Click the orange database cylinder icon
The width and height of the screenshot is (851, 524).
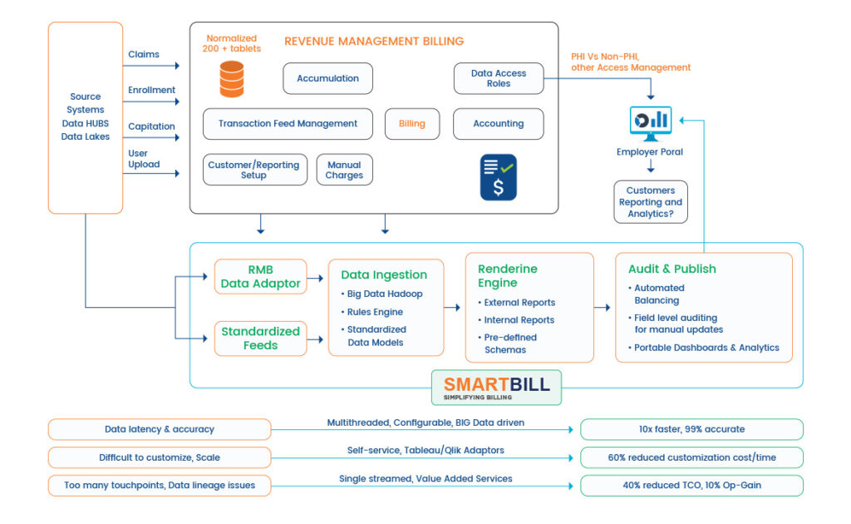click(232, 79)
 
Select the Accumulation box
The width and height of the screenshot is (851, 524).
click(327, 78)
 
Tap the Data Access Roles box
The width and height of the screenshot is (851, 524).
click(499, 78)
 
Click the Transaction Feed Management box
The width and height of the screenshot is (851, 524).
click(288, 124)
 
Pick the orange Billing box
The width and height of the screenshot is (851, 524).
click(412, 124)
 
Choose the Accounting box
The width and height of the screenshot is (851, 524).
click(498, 124)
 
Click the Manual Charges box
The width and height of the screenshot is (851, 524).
click(344, 170)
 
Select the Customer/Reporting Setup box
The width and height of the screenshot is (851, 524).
click(254, 170)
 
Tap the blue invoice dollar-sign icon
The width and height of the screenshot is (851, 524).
click(498, 177)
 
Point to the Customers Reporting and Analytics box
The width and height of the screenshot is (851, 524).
click(651, 202)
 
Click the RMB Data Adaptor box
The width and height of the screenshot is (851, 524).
click(260, 276)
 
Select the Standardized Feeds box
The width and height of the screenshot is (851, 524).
click(260, 338)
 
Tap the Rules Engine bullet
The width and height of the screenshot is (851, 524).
click(375, 312)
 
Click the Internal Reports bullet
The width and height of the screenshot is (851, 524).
click(519, 320)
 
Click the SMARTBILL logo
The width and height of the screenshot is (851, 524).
click(496, 387)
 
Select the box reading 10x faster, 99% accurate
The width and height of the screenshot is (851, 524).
click(691, 429)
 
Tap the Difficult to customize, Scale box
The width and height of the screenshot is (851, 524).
click(160, 457)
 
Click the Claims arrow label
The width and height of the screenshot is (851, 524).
click(144, 55)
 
